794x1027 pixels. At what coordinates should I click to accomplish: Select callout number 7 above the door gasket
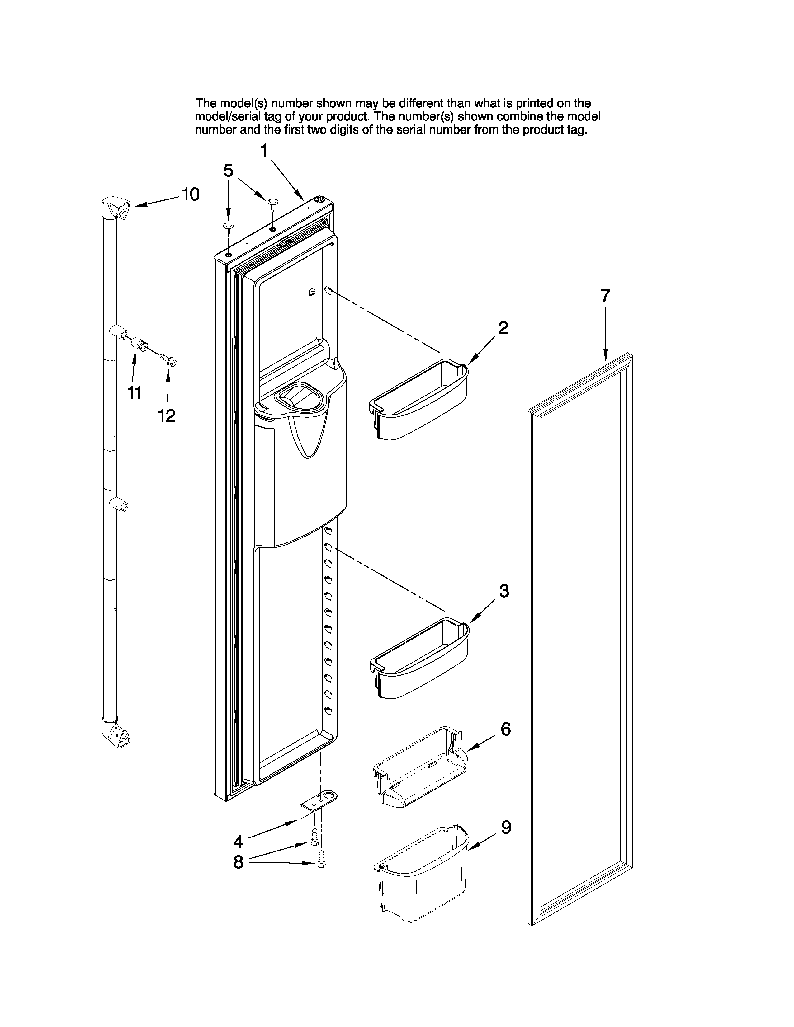tap(605, 296)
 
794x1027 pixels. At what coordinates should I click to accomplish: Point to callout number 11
tap(135, 392)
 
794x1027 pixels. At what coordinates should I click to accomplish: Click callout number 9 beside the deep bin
tap(506, 828)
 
